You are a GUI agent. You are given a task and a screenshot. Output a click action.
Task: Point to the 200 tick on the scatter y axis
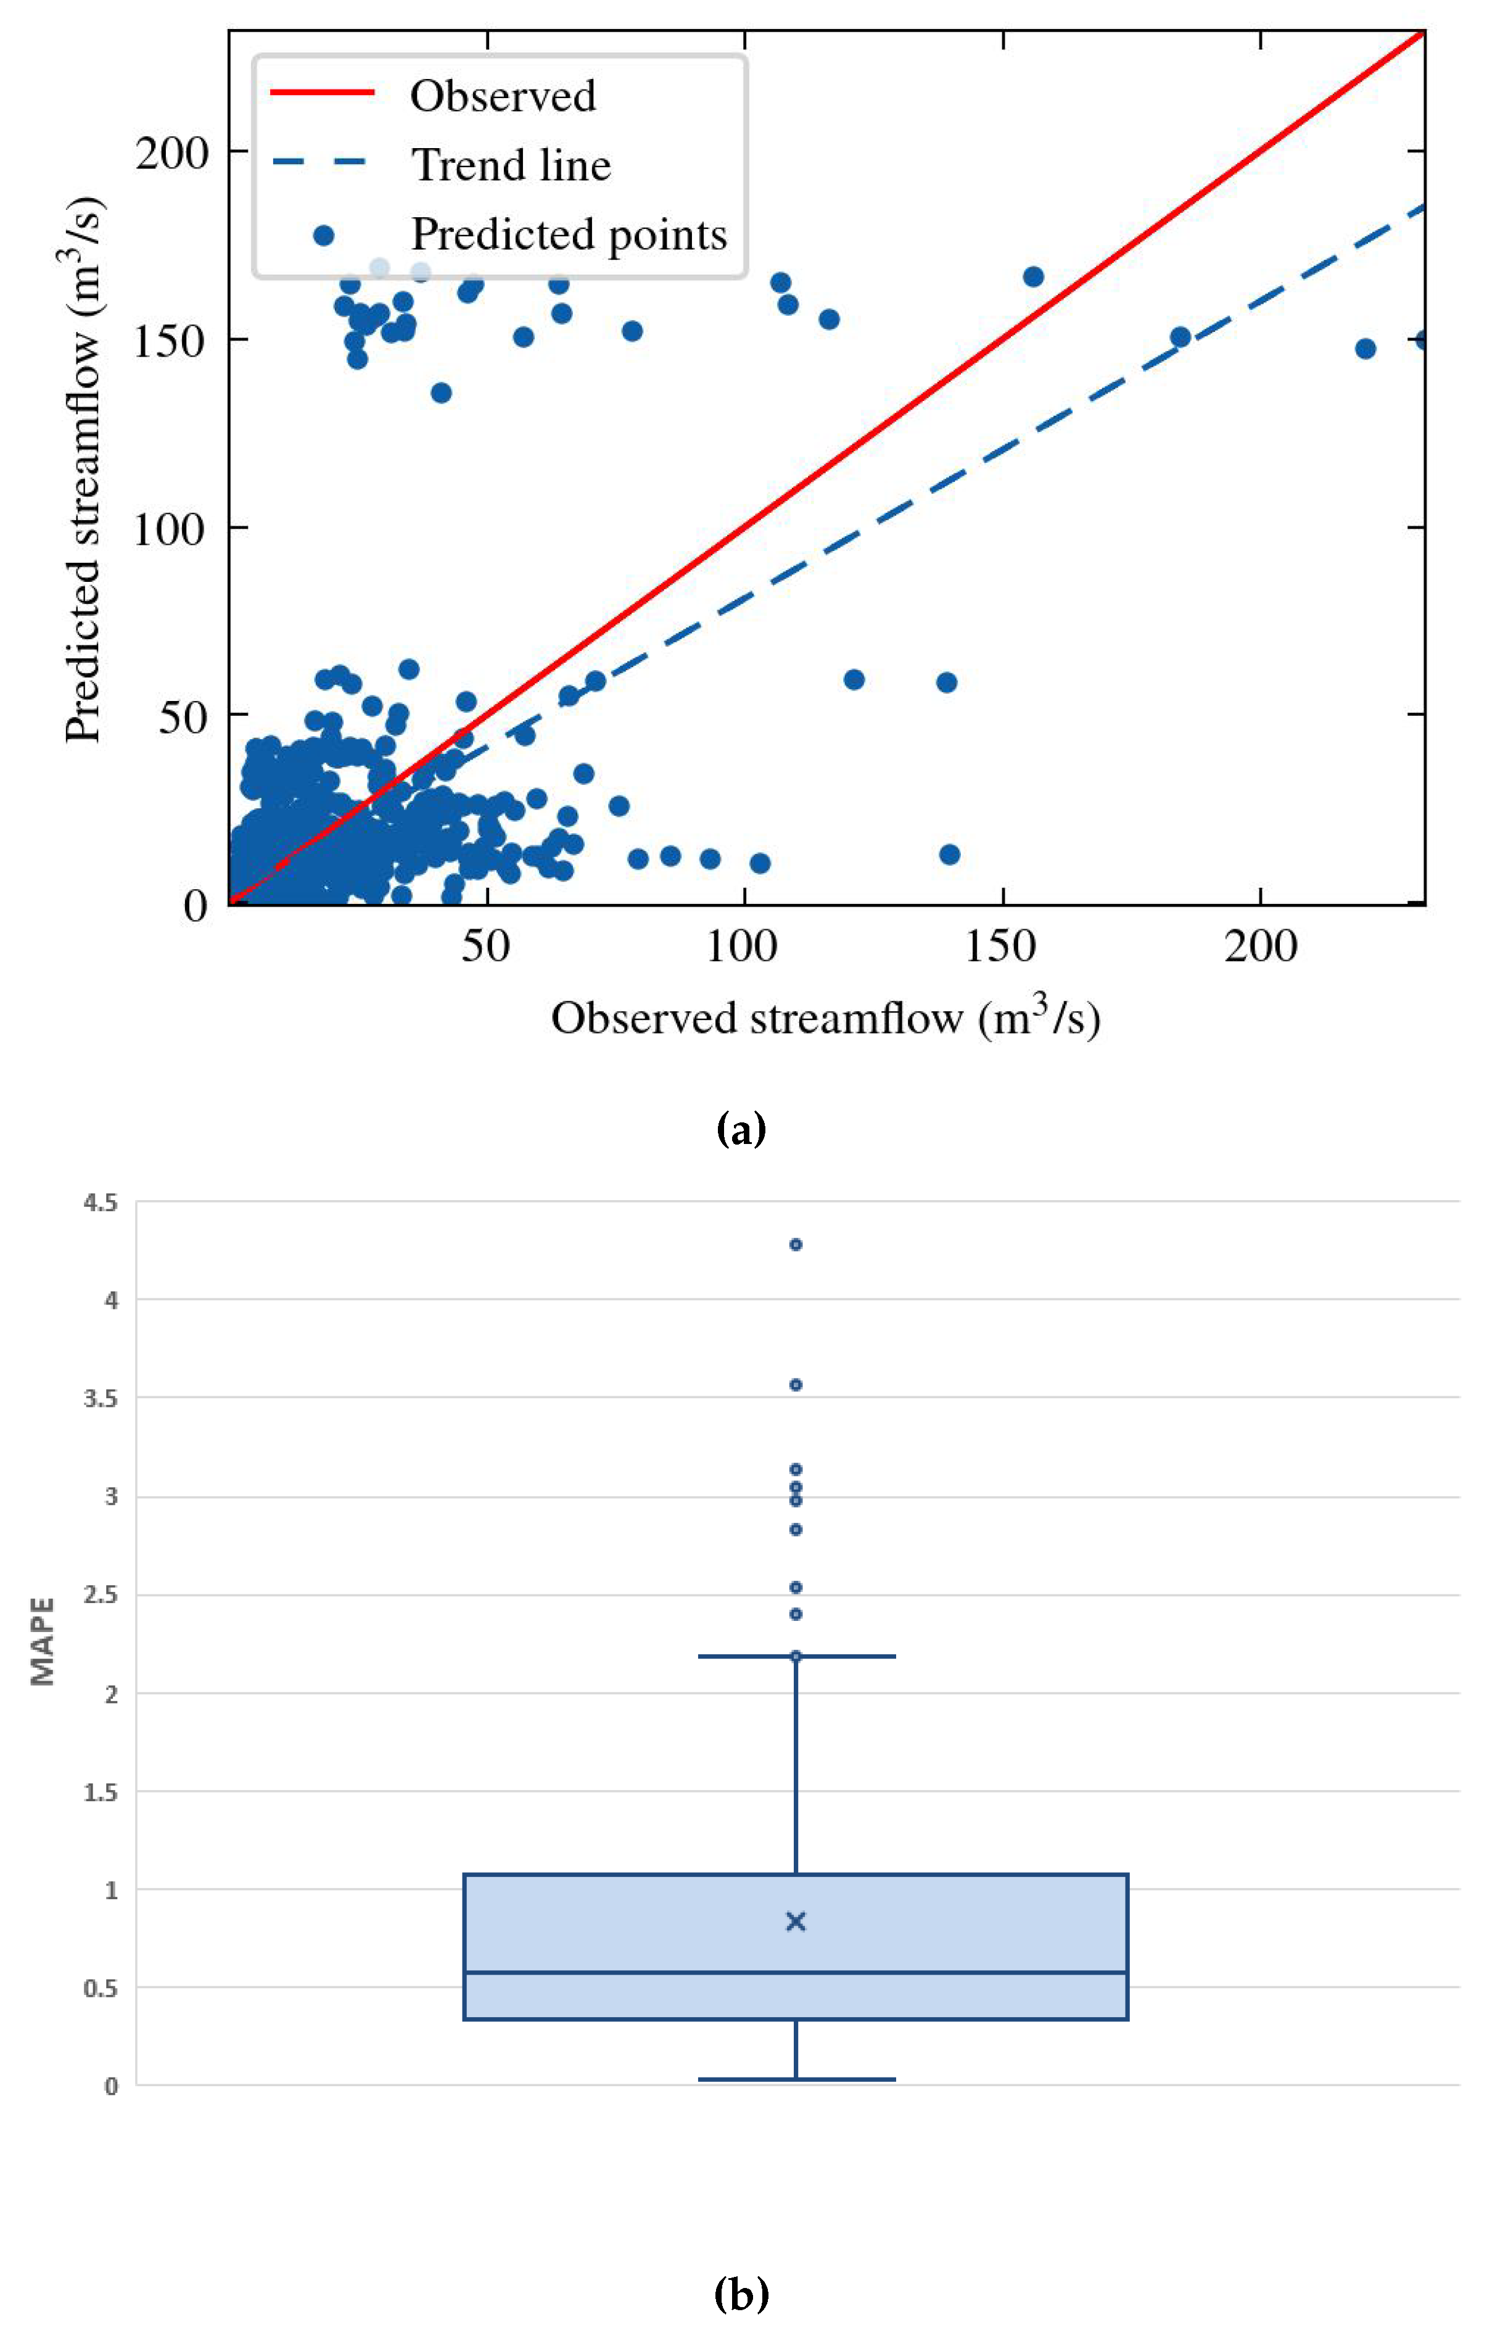(x=172, y=152)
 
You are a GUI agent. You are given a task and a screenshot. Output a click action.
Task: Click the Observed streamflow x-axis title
(x=826, y=1018)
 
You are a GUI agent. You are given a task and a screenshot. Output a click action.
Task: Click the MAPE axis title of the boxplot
(x=43, y=1642)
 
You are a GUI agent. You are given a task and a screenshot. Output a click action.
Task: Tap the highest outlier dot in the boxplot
(x=796, y=1244)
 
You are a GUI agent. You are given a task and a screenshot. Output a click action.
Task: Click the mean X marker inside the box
(x=796, y=1921)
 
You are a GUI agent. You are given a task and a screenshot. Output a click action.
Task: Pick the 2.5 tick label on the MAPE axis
(x=101, y=1596)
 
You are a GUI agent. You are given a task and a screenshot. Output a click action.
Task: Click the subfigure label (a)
(x=741, y=1128)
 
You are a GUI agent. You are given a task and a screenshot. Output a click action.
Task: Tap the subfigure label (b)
(x=741, y=2292)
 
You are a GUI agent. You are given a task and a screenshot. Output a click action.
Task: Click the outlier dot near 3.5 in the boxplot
(x=796, y=1384)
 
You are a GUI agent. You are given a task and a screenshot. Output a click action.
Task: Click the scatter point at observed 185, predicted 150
(x=1180, y=337)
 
